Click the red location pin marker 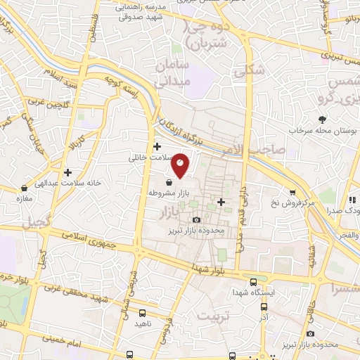click(x=181, y=163)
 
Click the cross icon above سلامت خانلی click(x=157, y=147)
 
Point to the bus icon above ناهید click(x=143, y=313)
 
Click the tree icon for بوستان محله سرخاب click(x=323, y=120)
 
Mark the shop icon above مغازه click(x=25, y=188)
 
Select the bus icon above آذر click(x=264, y=307)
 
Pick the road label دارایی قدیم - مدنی click(x=241, y=208)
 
